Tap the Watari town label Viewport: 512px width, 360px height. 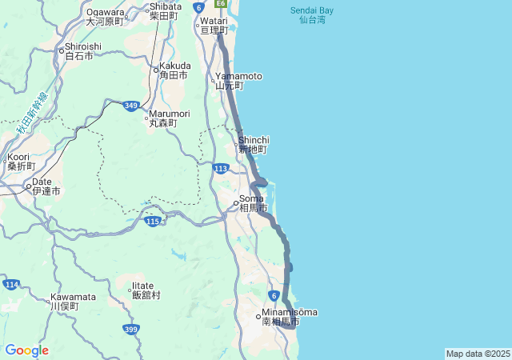click(214, 25)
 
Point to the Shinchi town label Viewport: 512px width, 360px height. click(253, 144)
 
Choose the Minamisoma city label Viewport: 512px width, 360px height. click(288, 316)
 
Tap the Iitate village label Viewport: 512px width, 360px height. click(146, 290)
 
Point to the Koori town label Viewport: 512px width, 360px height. click(22, 162)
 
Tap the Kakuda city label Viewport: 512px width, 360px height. click(174, 70)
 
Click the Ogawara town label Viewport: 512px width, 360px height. click(106, 16)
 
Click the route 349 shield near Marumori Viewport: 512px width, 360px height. click(132, 105)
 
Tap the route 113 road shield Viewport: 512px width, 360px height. click(222, 168)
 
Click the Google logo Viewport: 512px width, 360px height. click(26, 350)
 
